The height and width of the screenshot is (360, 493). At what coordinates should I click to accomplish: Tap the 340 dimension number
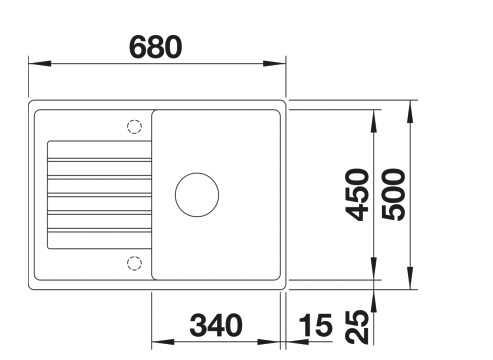point(216,325)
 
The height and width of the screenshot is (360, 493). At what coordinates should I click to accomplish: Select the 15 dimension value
point(315,325)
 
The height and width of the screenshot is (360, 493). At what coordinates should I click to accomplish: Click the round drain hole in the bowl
point(196,193)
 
